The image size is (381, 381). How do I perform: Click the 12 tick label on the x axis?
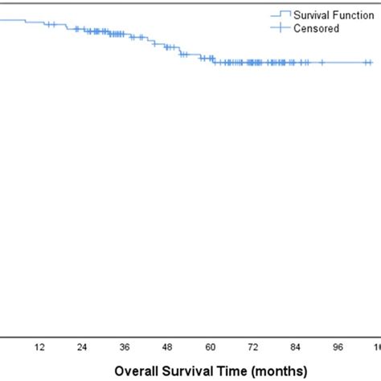pyautogui.click(x=39, y=347)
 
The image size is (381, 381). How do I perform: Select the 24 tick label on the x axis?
pyautogui.click(x=81, y=347)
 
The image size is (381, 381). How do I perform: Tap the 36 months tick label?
pyautogui.click(x=125, y=347)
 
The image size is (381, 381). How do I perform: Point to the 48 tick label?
pyautogui.click(x=167, y=347)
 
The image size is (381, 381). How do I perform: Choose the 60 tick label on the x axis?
pyautogui.click(x=211, y=347)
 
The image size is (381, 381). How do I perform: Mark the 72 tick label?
pyautogui.click(x=253, y=347)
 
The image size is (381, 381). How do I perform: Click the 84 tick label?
pyautogui.click(x=296, y=347)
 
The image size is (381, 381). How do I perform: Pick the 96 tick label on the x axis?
pyautogui.click(x=338, y=347)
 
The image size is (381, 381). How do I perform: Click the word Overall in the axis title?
pyautogui.click(x=136, y=371)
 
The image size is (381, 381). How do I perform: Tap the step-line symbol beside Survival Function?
pyautogui.click(x=280, y=14)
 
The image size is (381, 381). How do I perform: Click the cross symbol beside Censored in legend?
pyautogui.click(x=280, y=28)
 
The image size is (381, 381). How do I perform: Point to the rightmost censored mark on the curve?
pyautogui.click(x=369, y=62)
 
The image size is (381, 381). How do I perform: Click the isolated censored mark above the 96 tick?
pyautogui.click(x=322, y=62)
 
